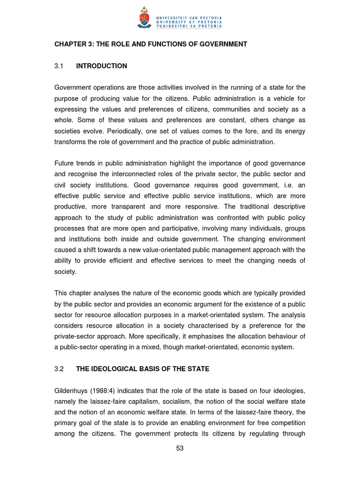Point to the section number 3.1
(59, 66)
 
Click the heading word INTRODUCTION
(101, 66)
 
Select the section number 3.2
(59, 369)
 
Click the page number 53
(180, 448)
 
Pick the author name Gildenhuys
(73, 390)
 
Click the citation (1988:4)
(109, 390)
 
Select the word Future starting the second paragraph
(64, 163)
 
